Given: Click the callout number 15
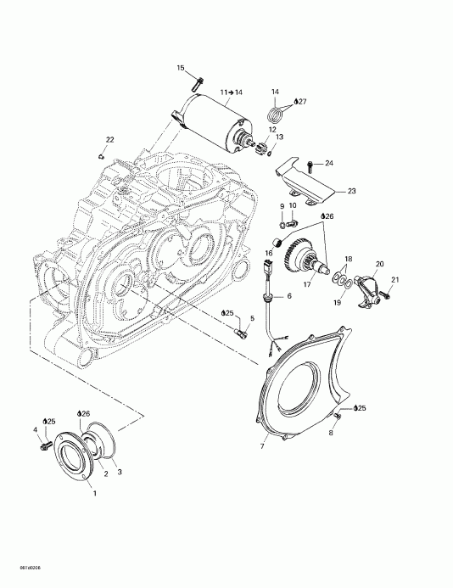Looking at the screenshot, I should [x=181, y=67].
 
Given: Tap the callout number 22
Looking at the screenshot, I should [x=109, y=140].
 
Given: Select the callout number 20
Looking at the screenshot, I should [x=380, y=264].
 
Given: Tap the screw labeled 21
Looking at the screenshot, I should [x=383, y=294].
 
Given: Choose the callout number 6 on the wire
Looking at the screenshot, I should [x=288, y=296].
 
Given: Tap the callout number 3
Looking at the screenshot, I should [x=118, y=471].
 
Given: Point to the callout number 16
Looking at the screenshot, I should [x=266, y=253].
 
